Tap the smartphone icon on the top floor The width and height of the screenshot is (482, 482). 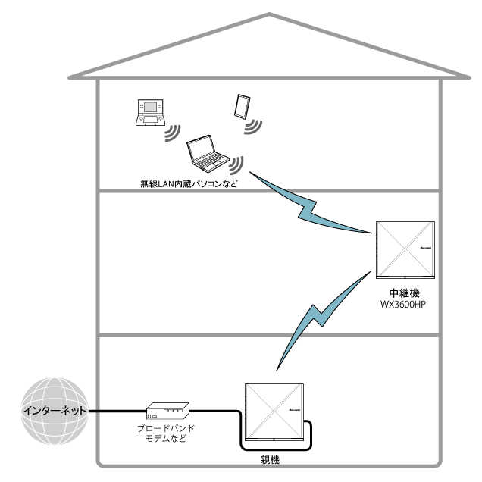pos(243,106)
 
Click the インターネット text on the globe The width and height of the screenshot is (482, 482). pos(54,412)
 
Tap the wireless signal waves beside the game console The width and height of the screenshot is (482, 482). pos(174,134)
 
